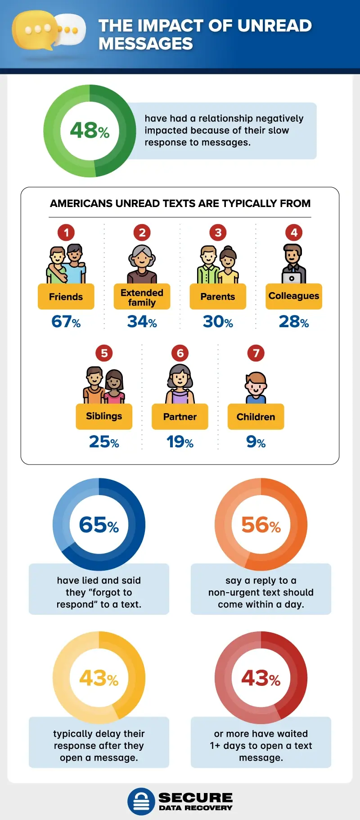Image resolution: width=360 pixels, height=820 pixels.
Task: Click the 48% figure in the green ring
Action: [90, 131]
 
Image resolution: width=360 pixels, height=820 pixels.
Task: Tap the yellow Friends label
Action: [66, 297]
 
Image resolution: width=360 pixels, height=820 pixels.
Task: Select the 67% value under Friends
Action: [66, 322]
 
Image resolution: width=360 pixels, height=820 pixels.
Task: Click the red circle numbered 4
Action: [294, 233]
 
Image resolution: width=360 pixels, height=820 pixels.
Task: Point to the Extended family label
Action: [142, 297]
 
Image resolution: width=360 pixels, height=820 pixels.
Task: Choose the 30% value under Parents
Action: [218, 322]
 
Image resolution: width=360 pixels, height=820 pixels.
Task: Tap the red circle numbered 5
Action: [104, 353]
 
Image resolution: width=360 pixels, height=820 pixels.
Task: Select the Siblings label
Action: [104, 416]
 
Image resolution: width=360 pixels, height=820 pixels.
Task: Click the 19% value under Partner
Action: [180, 442]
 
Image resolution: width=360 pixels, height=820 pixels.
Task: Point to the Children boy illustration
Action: [256, 387]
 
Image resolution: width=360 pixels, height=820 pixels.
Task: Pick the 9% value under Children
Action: [256, 442]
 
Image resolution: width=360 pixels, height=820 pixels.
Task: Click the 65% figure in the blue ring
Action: [99, 525]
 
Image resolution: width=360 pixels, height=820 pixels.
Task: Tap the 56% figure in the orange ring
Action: [261, 525]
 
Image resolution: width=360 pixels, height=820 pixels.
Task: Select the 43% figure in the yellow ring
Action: [99, 678]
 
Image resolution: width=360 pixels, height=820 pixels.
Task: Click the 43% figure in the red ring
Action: [261, 678]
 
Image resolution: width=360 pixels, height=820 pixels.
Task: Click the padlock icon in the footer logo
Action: [141, 801]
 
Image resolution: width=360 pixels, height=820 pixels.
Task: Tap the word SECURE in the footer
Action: [195, 797]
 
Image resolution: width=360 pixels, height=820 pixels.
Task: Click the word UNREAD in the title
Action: [274, 26]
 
